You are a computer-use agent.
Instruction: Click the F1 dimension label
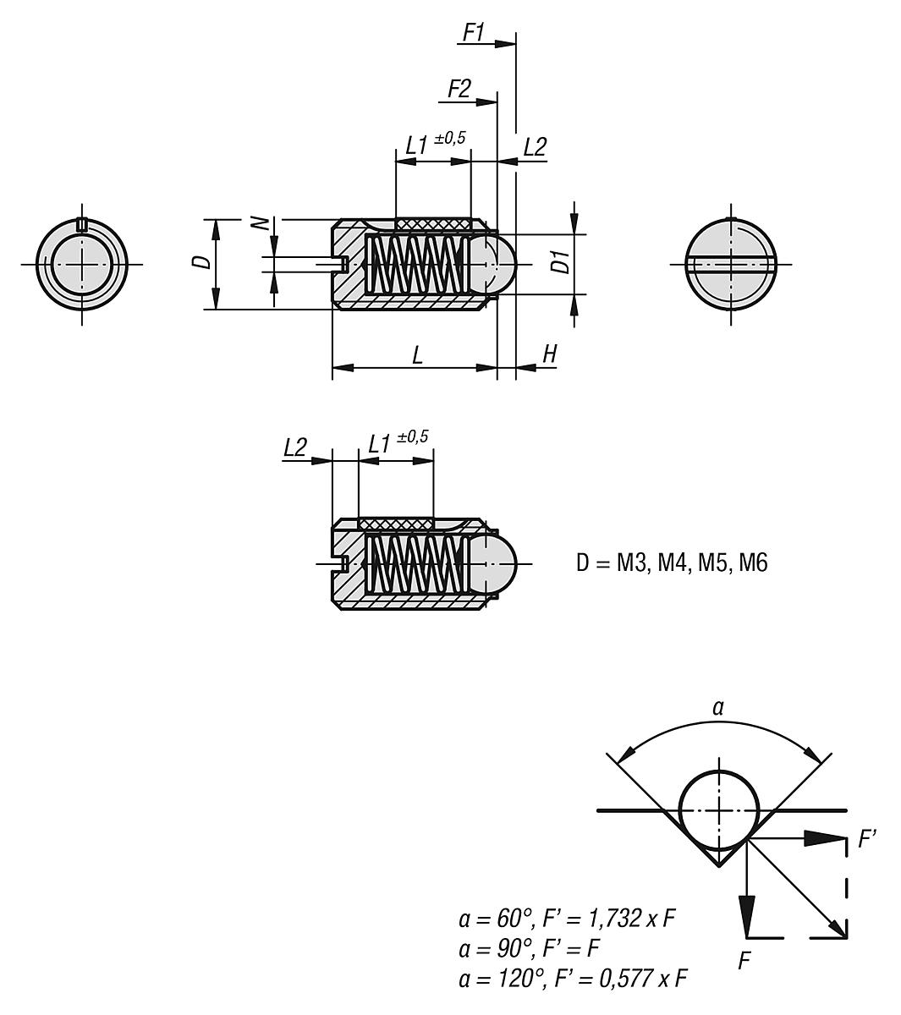(473, 32)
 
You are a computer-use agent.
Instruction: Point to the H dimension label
(549, 354)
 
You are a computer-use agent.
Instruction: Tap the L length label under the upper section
(417, 355)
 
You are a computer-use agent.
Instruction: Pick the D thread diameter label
(201, 261)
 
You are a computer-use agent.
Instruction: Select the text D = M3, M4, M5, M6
(672, 562)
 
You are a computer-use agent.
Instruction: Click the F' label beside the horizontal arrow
(866, 840)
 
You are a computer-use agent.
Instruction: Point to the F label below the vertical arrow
(745, 961)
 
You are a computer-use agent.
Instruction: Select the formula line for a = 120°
(571, 979)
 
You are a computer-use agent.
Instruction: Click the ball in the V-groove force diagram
(719, 810)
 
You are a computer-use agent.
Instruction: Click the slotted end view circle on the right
(730, 263)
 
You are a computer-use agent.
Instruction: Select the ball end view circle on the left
(82, 263)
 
